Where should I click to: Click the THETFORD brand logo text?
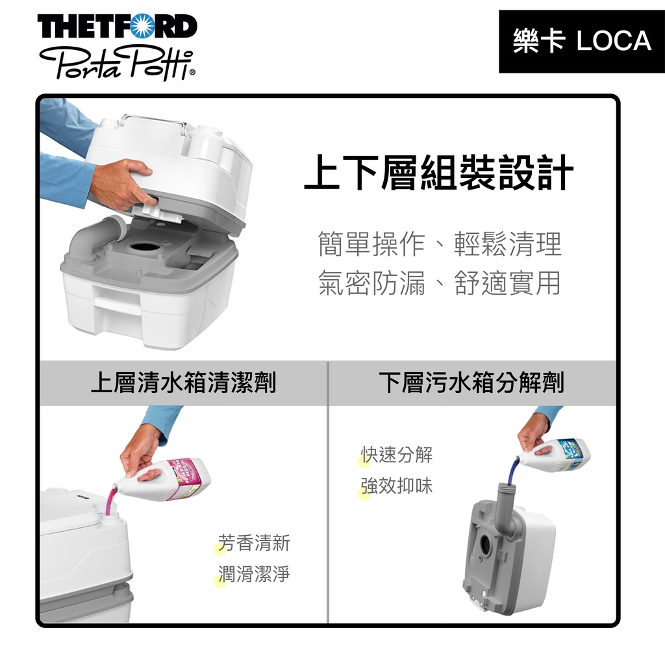118,26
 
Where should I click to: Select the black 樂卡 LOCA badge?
581,41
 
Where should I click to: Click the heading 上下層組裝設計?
439,172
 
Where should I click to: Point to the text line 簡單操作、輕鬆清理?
440,244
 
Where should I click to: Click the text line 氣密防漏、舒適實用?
440,282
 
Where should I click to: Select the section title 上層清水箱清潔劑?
184,383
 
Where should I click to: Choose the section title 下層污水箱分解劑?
471,383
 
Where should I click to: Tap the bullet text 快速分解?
397,455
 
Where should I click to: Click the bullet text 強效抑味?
397,486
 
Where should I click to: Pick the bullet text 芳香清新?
254,543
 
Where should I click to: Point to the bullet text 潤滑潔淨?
254,574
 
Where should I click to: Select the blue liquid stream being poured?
514,470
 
